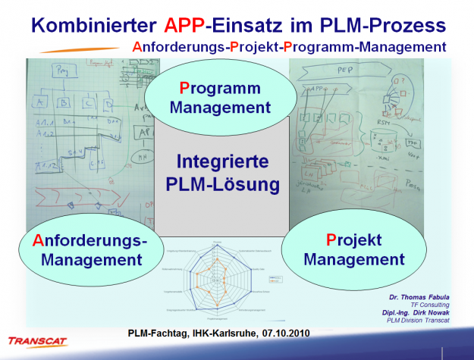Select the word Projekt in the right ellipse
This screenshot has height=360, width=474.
[353, 240]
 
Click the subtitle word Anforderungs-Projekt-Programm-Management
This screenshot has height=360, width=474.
[288, 47]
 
